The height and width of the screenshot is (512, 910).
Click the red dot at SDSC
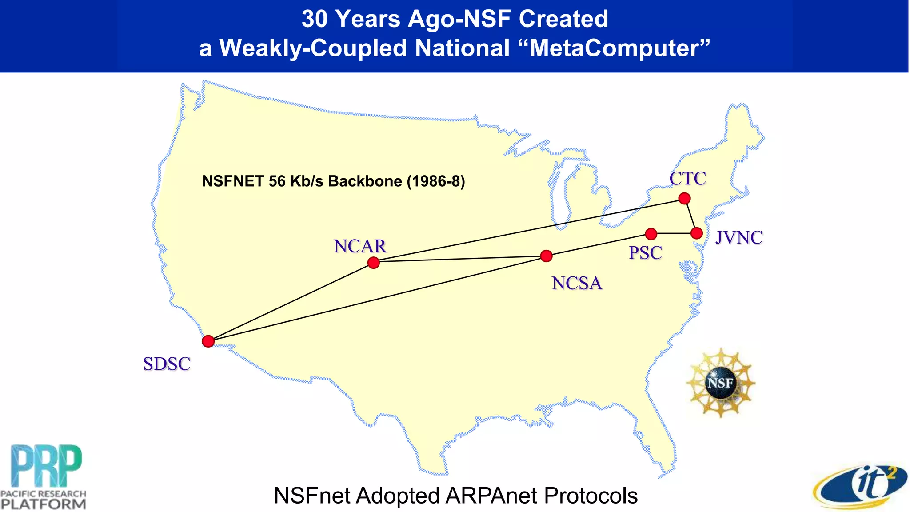[x=208, y=341]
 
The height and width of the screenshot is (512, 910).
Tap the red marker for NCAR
[x=374, y=263]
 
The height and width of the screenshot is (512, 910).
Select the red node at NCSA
[x=546, y=256]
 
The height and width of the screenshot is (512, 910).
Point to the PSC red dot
[x=651, y=234]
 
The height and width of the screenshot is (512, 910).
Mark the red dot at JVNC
[x=696, y=233]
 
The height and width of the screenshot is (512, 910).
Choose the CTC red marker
[x=684, y=198]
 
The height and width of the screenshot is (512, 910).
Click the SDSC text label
[x=167, y=364]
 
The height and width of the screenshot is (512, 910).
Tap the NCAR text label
[x=360, y=246]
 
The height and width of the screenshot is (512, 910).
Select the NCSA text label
[x=577, y=283]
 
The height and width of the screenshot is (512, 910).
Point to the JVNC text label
[x=739, y=238]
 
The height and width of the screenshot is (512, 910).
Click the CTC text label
[x=687, y=179]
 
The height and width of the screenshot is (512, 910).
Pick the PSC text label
[x=645, y=253]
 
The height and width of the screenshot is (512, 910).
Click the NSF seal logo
[x=720, y=383]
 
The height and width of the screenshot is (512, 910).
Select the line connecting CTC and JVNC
[x=690, y=216]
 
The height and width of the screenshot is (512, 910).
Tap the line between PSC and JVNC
[x=674, y=233]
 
